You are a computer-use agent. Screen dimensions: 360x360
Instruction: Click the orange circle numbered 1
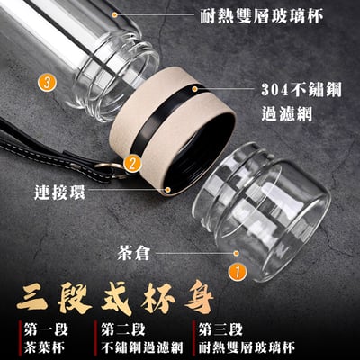[x=238, y=272]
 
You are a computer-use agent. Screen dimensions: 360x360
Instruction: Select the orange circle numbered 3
[x=47, y=83]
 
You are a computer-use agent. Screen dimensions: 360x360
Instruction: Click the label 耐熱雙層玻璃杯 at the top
[x=262, y=16]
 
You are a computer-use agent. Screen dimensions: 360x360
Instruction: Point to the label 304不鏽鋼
[x=301, y=89]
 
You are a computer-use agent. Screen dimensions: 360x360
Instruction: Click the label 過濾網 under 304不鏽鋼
[x=287, y=113]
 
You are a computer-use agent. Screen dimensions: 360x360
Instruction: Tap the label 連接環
[x=59, y=192]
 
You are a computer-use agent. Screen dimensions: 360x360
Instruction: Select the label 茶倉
[x=133, y=254]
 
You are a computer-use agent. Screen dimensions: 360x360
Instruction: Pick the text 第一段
[x=46, y=329]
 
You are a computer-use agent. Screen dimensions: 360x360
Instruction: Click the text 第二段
[x=123, y=329]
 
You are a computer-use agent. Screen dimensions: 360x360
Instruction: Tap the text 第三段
[x=220, y=329]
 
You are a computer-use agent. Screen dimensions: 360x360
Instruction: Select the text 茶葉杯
[x=44, y=347]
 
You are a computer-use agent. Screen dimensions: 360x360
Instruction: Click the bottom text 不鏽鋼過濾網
[x=142, y=347]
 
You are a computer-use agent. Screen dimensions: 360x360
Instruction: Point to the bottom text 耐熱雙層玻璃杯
[x=247, y=347]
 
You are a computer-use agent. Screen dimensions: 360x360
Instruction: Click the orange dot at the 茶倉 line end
[x=236, y=254]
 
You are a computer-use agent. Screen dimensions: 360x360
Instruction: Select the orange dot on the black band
[x=194, y=89]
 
